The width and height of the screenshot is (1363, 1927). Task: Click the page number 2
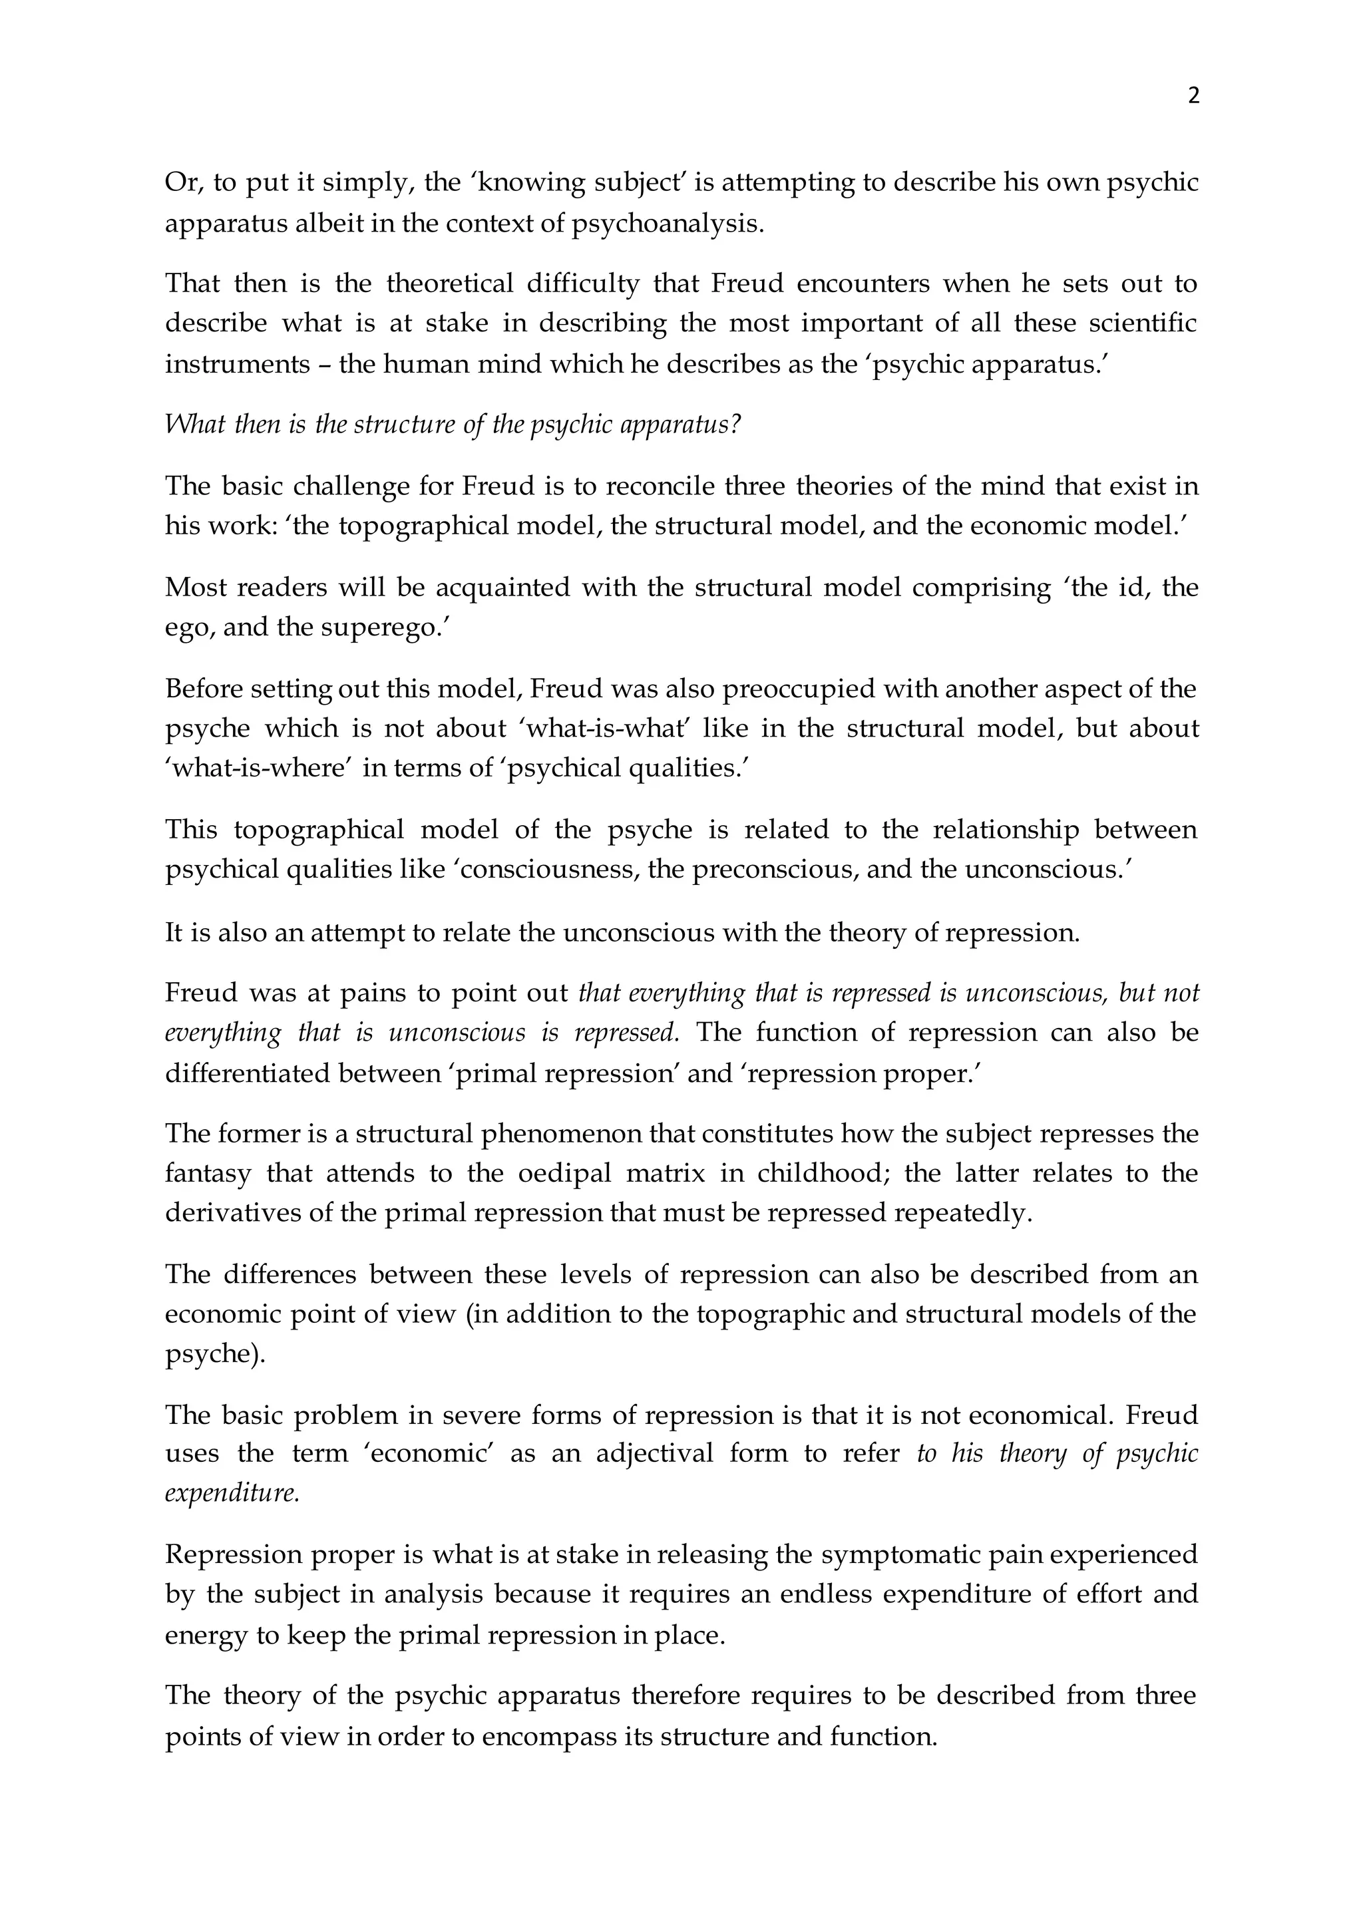point(1193,96)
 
